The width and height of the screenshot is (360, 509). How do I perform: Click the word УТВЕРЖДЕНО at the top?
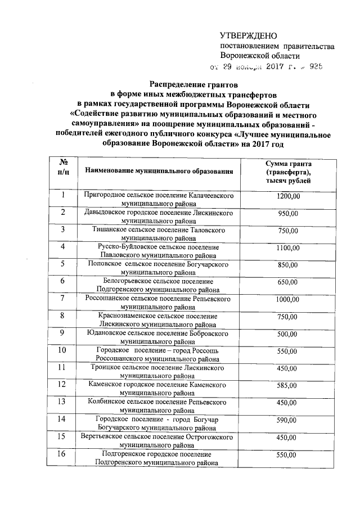248,35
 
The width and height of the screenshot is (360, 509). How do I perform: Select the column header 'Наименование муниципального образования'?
158,170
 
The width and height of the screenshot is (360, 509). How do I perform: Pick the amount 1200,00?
289,196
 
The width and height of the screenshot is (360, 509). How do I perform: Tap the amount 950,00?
289,214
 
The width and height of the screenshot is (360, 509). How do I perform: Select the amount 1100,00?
289,248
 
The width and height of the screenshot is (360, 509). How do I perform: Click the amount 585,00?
289,386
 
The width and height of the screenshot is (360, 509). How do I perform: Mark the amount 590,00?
289,420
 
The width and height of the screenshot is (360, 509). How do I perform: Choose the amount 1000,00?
289,300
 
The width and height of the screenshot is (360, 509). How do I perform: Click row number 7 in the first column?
64,298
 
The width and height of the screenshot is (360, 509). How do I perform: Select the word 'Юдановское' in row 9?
107,332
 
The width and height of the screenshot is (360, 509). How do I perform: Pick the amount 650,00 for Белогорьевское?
289,282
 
